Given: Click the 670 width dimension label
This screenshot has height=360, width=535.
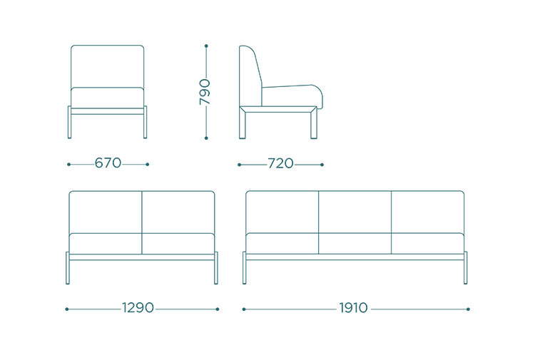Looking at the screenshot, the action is tap(108, 163).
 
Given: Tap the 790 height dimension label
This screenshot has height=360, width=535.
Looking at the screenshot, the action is tap(205, 92).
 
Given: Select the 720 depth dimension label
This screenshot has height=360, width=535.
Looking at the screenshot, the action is tap(280, 164).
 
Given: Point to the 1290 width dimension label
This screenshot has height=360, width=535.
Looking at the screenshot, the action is tap(138, 308).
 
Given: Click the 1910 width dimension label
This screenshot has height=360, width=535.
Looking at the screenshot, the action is tap(354, 308).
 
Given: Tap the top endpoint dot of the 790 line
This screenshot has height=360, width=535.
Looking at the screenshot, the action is tap(206, 46).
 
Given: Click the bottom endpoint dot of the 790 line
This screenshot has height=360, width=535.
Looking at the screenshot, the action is tap(206, 138).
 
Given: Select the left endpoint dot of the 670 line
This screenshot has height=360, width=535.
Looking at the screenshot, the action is tap(69, 165).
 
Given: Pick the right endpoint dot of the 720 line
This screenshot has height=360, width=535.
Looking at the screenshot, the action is tap(322, 165).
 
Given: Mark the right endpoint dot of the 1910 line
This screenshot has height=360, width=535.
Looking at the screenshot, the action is tap(468, 309).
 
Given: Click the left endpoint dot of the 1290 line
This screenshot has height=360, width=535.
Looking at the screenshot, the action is tap(67, 309).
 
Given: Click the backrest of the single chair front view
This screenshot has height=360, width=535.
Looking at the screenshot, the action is tap(108, 66).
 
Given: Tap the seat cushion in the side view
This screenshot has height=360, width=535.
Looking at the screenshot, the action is tap(292, 96).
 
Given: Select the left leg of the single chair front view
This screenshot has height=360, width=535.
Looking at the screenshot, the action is tap(70, 122).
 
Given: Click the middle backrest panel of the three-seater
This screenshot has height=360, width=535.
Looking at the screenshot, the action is tap(355, 212).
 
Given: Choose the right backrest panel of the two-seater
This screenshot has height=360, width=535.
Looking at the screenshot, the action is tap(178, 212).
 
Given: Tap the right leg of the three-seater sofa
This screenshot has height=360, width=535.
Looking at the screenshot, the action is tap(466, 267).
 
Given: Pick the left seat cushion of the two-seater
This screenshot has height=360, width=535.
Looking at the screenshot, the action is tap(106, 243).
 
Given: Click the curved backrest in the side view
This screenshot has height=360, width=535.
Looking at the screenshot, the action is tap(250, 76).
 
